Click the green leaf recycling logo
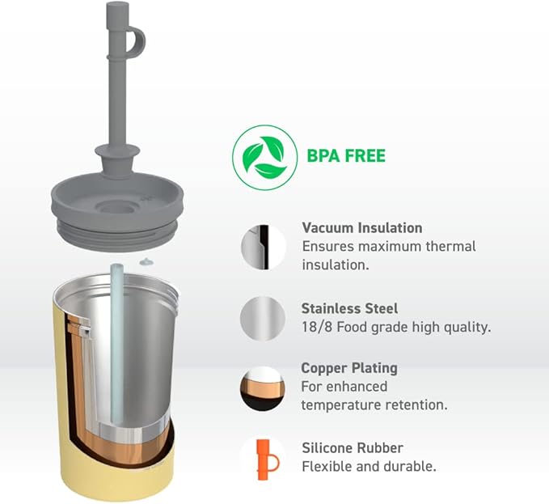(x=264, y=157)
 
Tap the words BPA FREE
(x=346, y=156)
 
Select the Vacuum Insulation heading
(x=362, y=228)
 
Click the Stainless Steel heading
(x=349, y=308)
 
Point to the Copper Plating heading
(x=349, y=368)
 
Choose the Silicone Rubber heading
(x=353, y=448)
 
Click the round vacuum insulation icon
(x=264, y=248)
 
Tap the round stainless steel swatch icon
(x=263, y=319)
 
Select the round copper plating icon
(x=263, y=388)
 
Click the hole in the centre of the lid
(x=116, y=208)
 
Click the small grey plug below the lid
(x=146, y=261)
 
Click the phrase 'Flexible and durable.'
(x=369, y=467)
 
